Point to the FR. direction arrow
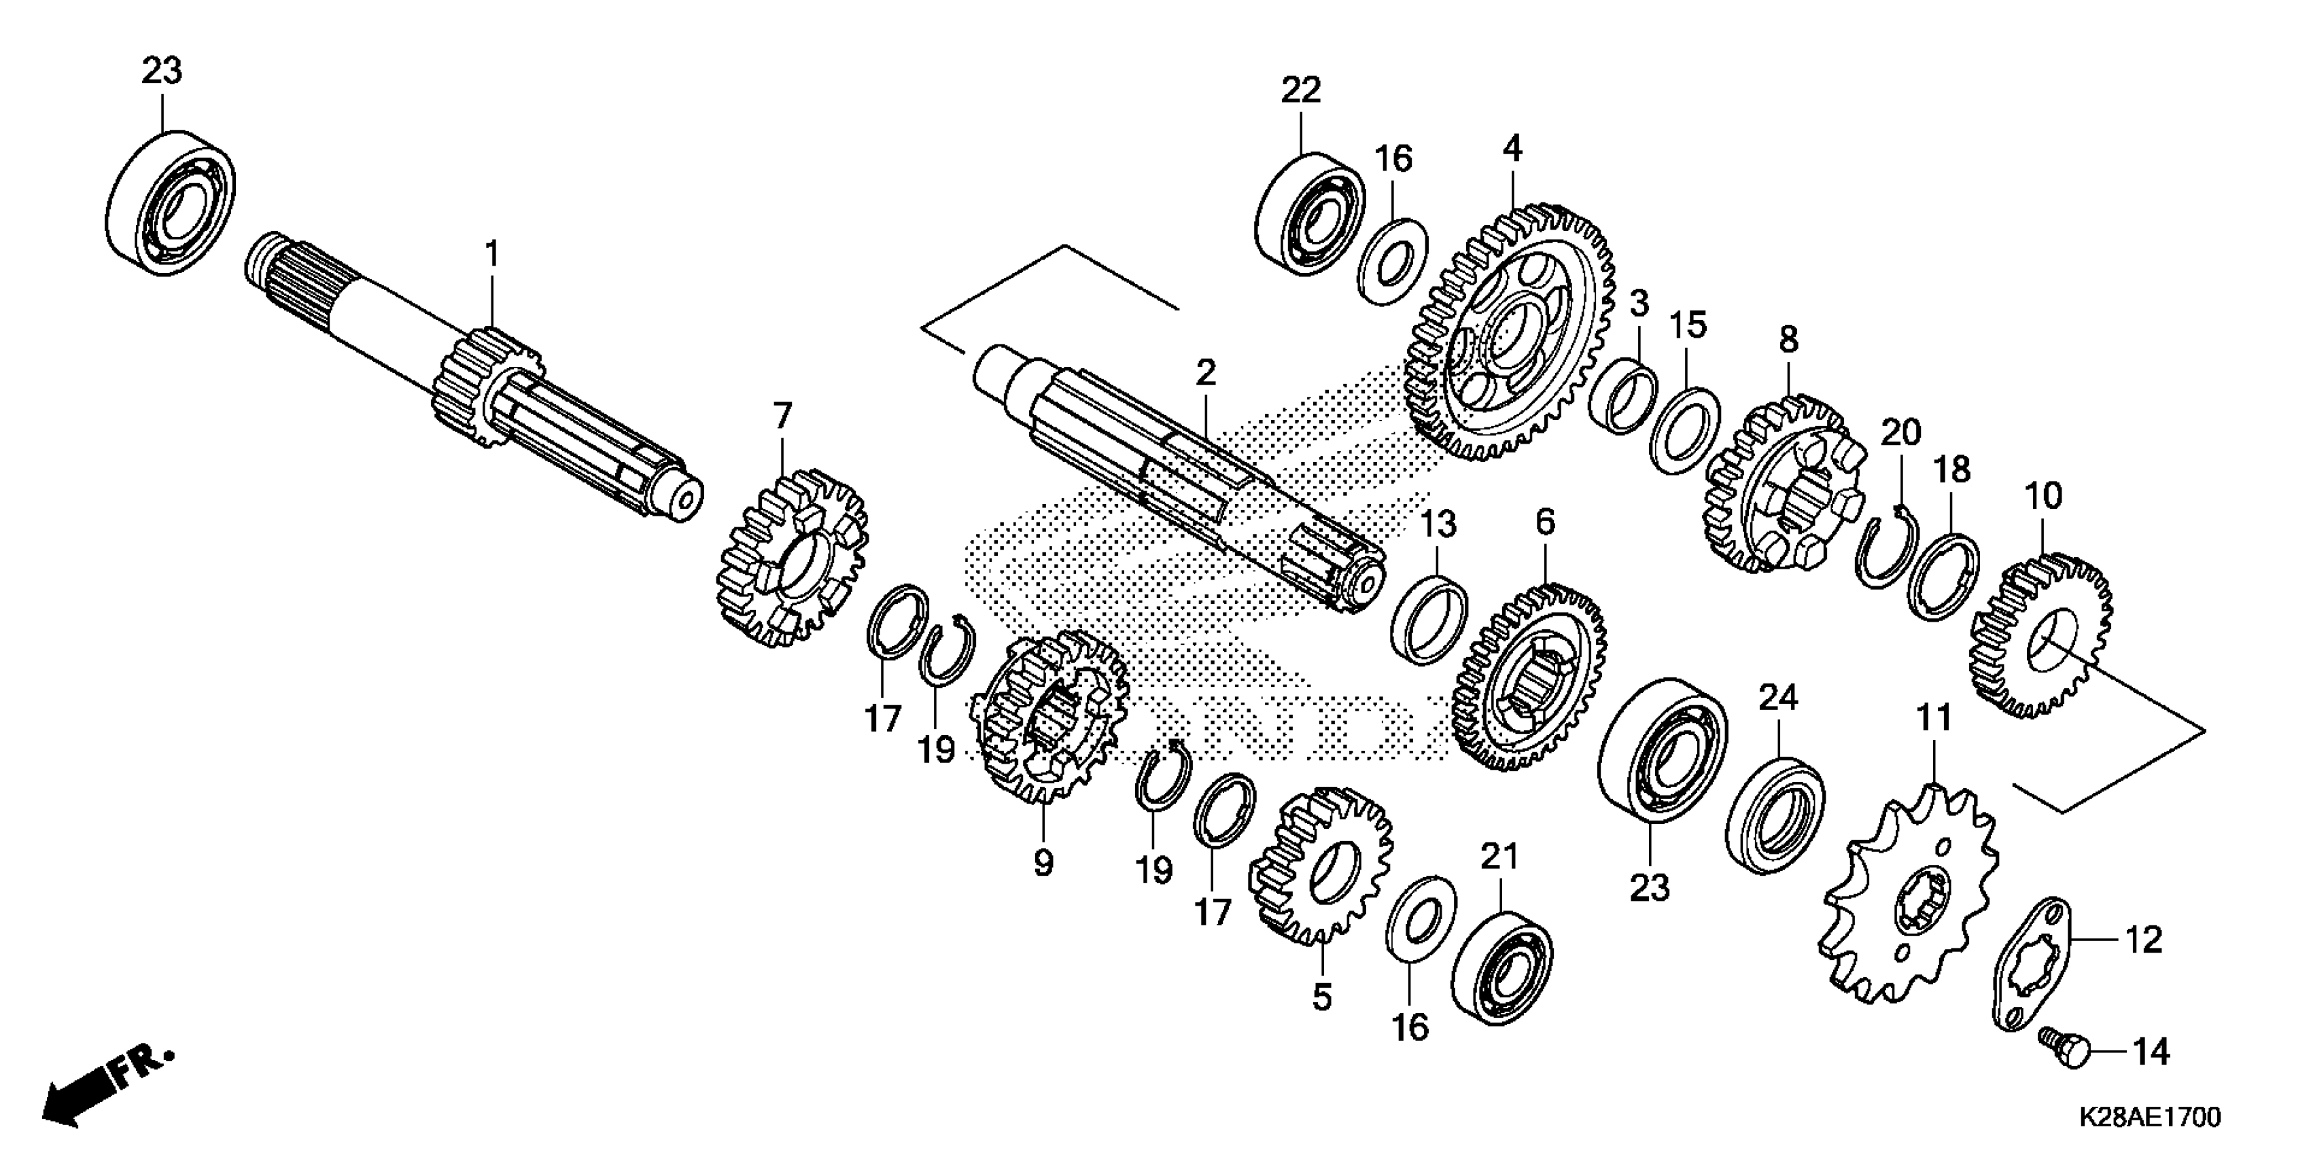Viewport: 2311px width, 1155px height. [x=107, y=1085]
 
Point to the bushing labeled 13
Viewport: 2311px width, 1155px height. [x=1429, y=620]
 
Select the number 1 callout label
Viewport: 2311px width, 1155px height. [x=491, y=255]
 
